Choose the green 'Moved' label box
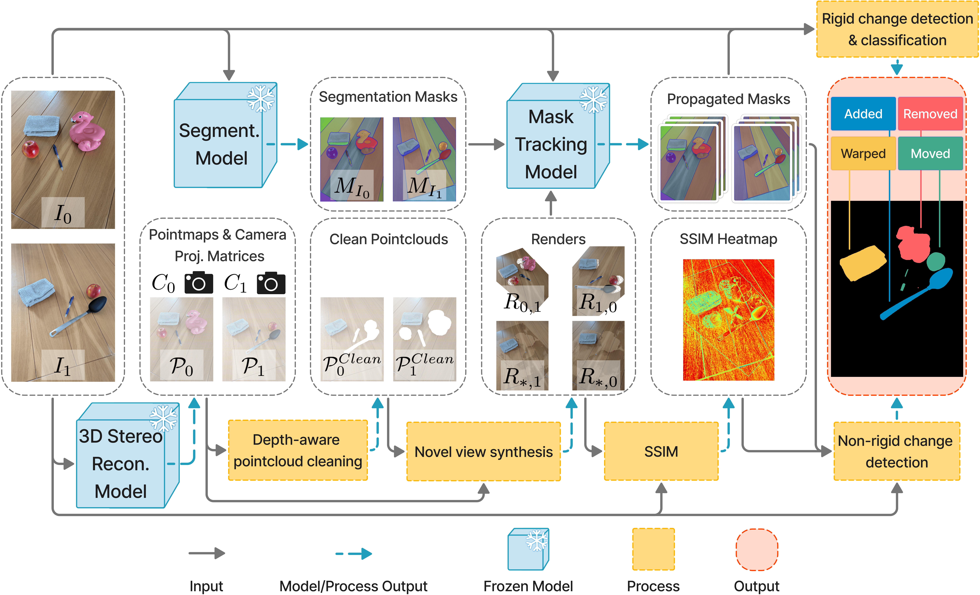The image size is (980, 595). point(930,153)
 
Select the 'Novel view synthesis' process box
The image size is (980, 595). point(483,451)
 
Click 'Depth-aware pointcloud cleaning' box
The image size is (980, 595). point(298,450)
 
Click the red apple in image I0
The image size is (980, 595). point(30,149)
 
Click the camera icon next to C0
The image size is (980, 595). point(198,283)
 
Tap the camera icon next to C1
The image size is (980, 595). point(271,283)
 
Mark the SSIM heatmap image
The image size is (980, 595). point(728,320)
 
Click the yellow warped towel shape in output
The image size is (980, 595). point(862,262)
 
